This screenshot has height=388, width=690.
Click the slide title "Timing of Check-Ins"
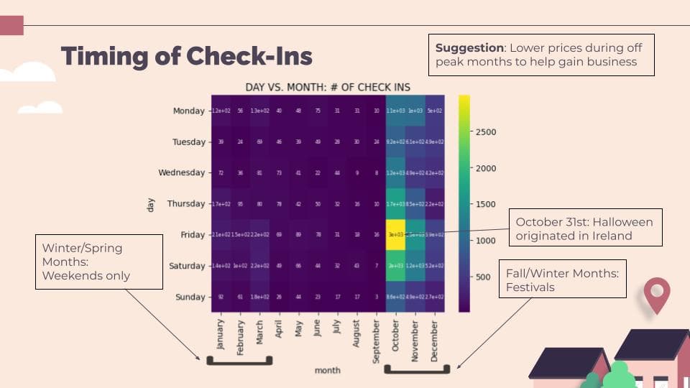click(x=187, y=56)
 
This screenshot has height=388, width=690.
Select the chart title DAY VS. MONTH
click(x=328, y=87)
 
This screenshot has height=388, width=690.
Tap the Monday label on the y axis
click(x=189, y=111)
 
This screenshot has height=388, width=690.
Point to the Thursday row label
click(x=186, y=204)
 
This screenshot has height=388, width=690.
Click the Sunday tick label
click(x=190, y=297)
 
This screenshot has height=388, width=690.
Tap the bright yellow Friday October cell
click(x=395, y=235)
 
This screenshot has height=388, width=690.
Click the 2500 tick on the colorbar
click(x=485, y=132)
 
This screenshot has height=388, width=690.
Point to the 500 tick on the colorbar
click(x=483, y=277)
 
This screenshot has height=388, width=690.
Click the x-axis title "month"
click(x=327, y=370)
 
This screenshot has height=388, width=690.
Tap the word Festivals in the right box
click(x=530, y=288)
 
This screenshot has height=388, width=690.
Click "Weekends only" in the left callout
click(x=86, y=275)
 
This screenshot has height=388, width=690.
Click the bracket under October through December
click(x=416, y=371)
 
